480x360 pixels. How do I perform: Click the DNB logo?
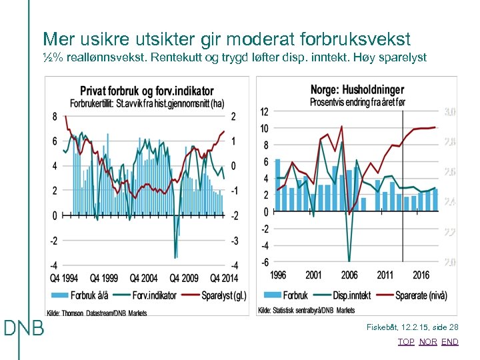point(24,328)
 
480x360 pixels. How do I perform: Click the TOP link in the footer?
point(406,342)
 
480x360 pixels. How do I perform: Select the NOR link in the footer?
point(428,342)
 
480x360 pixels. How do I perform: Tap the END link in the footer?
point(450,342)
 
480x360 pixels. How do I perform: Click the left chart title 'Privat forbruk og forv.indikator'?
point(147,91)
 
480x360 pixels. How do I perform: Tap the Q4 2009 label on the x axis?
point(184,278)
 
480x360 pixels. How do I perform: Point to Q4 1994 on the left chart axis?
point(63,278)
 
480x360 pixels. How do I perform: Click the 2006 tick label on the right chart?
point(350,275)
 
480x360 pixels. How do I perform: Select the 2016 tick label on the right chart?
point(421,275)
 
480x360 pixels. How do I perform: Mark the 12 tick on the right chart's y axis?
point(264,112)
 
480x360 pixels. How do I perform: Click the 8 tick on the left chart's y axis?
point(55,117)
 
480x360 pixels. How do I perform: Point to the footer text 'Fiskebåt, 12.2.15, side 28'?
point(413,327)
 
